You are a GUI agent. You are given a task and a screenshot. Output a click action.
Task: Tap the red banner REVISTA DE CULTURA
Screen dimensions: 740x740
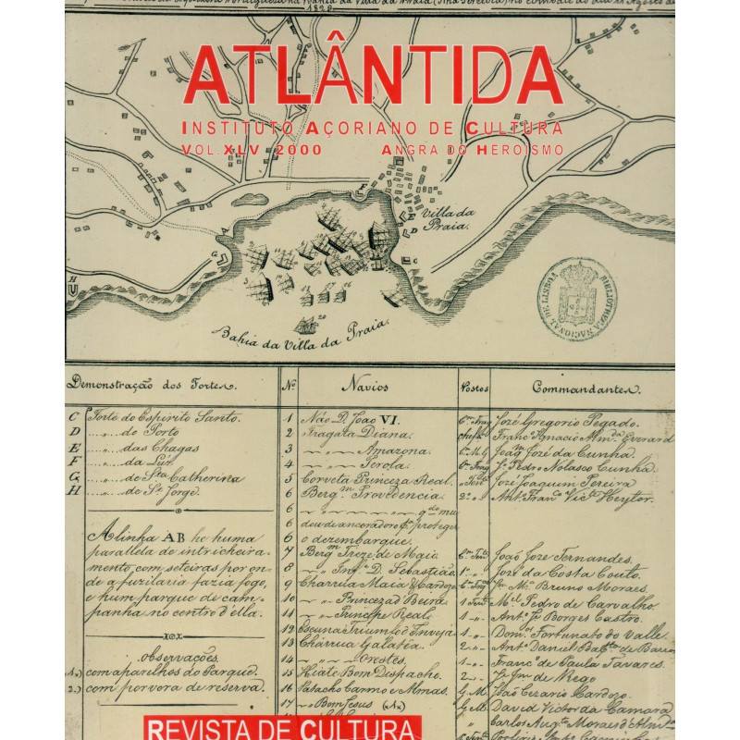coord(280,727)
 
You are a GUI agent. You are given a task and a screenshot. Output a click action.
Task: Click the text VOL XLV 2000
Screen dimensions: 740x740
coord(252,149)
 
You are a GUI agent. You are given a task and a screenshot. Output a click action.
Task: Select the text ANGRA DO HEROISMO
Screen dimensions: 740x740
coord(471,149)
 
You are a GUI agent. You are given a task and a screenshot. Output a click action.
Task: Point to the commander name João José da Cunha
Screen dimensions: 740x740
coord(564,454)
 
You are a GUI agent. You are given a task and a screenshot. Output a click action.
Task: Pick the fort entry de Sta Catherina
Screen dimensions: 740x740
coord(176,477)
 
